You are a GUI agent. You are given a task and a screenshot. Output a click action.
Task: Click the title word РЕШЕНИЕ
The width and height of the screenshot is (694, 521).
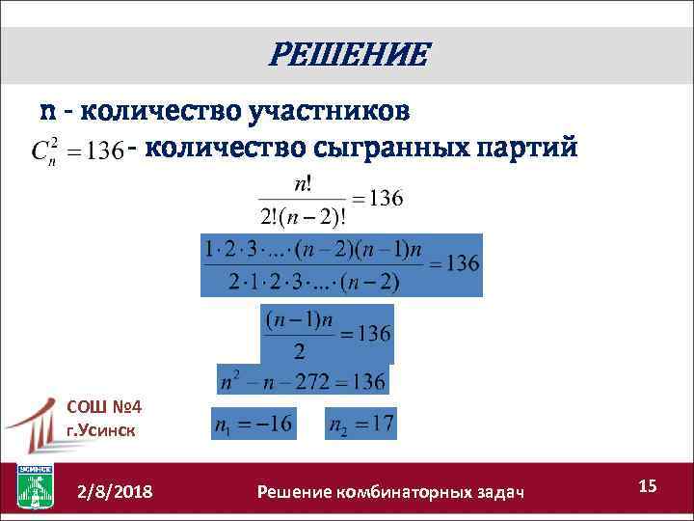coord(347,55)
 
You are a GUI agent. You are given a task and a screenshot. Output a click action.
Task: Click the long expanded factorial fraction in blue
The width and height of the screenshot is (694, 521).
coord(340,263)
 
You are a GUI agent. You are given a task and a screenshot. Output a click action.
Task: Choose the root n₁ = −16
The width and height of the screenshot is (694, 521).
coord(254,423)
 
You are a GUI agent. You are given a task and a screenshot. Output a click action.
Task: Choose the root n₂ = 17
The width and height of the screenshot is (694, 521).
coord(361,423)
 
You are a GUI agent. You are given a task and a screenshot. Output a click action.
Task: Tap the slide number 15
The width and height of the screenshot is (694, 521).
coord(647,486)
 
